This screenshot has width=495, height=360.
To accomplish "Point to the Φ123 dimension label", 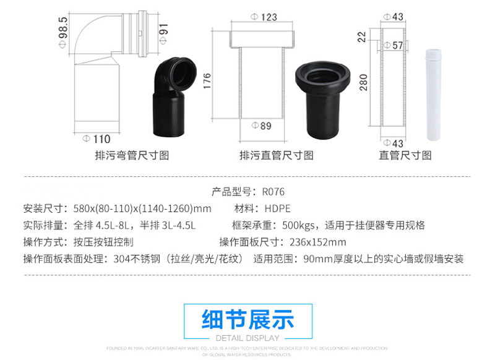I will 264,17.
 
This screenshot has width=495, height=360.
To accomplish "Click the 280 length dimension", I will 364,82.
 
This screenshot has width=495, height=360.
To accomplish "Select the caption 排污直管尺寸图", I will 276,155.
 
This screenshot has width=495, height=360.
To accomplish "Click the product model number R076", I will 273,192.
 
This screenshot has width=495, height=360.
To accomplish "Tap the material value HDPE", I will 277,208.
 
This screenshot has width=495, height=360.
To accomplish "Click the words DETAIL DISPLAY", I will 247,338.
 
